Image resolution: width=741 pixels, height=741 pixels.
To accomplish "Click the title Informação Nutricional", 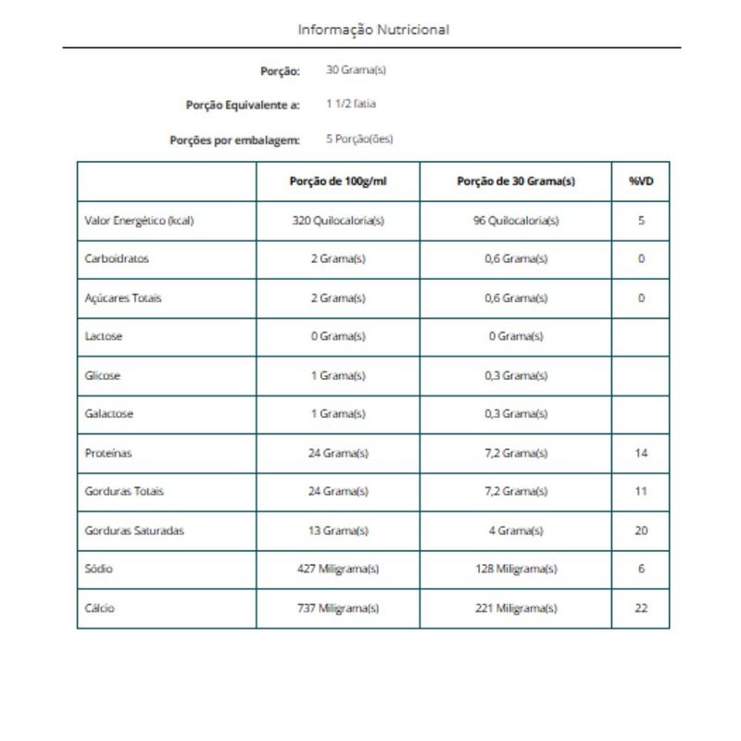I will pos(373,30).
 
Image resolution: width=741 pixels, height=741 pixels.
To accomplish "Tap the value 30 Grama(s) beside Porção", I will pos(356,70).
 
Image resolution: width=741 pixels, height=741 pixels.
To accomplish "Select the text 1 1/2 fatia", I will pos(351,105).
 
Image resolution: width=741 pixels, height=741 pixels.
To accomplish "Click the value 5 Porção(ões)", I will pos(359,140).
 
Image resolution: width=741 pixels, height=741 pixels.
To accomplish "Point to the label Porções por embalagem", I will pos(235,141).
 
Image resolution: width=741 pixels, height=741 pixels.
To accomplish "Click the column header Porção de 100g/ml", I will pos(338,182).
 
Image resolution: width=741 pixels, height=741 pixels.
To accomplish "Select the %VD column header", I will pos(641,182).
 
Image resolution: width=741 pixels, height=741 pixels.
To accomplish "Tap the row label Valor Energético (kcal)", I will pos(139,221).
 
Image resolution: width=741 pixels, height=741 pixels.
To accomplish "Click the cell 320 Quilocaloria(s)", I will pos(338,221).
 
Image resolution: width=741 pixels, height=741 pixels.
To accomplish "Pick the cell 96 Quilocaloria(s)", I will pos(516,221).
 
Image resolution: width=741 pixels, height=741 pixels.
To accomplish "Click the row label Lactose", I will pos(104,337).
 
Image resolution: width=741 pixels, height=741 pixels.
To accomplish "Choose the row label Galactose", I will pos(109,414).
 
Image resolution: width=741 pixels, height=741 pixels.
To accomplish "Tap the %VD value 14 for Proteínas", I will pos(641,453).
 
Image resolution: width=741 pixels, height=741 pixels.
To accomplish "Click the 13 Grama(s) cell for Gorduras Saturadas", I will pos(338,531).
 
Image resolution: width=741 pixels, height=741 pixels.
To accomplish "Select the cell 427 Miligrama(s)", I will pos(338,569).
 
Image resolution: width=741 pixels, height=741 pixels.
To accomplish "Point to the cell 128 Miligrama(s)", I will pos(516,569).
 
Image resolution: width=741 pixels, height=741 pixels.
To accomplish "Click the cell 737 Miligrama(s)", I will pos(338,609).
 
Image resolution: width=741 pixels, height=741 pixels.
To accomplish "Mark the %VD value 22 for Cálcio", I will pos(641,609).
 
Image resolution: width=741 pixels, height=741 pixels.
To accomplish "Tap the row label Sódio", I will pos(98,569).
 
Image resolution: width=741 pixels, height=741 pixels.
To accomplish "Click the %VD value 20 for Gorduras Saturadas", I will pos(641,531).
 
